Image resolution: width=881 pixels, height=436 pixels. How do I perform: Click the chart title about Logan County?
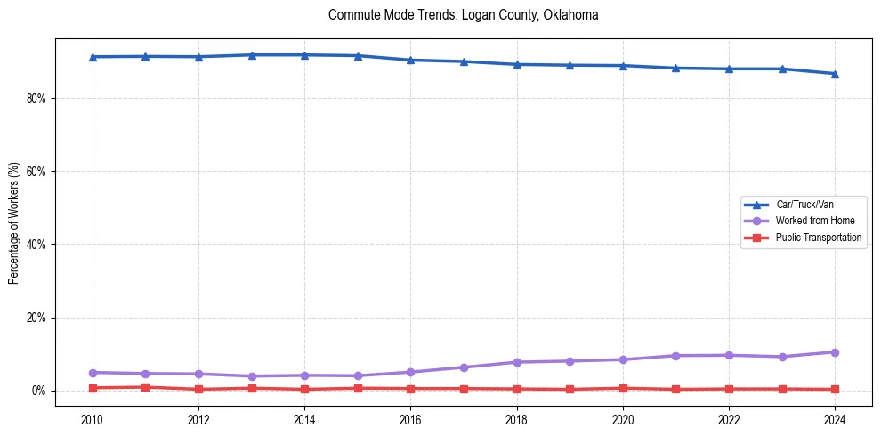(x=463, y=15)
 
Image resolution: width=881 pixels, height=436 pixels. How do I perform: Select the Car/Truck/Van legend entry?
(x=804, y=205)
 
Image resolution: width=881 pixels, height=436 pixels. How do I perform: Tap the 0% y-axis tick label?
(x=37, y=391)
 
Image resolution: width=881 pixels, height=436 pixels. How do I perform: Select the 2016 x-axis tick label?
(x=410, y=419)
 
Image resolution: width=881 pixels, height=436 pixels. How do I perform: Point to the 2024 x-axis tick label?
(x=835, y=419)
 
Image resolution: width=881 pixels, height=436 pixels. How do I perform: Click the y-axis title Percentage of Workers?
(x=14, y=222)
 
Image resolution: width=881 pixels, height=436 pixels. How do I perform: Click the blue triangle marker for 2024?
(x=835, y=74)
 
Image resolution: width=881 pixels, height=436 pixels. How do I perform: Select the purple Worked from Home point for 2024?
(x=835, y=352)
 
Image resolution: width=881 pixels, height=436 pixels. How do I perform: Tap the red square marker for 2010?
(x=93, y=388)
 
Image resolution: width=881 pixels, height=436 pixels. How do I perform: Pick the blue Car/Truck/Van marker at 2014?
(x=304, y=55)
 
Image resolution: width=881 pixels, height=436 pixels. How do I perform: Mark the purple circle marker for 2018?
(x=516, y=362)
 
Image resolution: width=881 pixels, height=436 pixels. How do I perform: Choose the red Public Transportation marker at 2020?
(x=623, y=388)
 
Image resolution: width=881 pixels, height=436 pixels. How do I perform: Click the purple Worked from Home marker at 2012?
(x=198, y=374)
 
